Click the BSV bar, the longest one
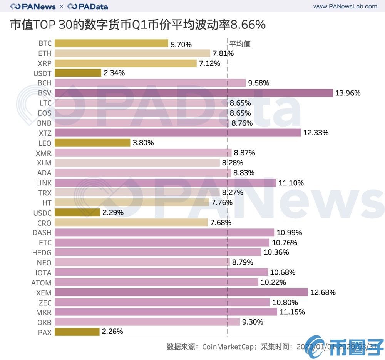tap(194, 93)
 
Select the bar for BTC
tap(111, 43)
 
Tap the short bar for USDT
tap(78, 73)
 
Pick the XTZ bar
tap(177, 133)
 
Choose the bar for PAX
tap(77, 332)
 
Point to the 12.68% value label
tap(323, 292)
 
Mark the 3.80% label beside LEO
tap(143, 143)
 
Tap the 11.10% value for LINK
tap(291, 183)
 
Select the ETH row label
tap(45, 53)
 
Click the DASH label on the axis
tap(42, 233)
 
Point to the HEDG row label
tap(42, 253)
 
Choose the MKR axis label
tap(44, 312)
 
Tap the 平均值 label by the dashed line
tap(240, 43)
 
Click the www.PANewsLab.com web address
tap(345, 7)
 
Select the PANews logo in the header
tap(33, 7)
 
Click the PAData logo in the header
tap(88, 7)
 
